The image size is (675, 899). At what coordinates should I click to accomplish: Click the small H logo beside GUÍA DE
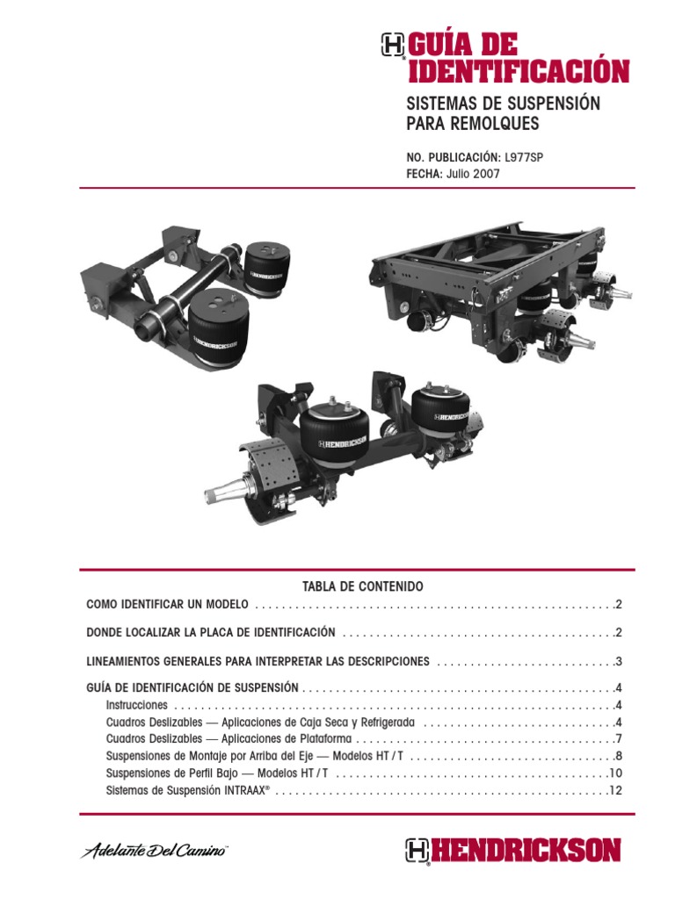coord(393,46)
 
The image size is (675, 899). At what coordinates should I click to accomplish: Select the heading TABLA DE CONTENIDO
coord(351,586)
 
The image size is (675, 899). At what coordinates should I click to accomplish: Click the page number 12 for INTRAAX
coord(614,791)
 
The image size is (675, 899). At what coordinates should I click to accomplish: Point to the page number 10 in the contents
coord(614,773)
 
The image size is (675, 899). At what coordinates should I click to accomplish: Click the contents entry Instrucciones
coord(136,705)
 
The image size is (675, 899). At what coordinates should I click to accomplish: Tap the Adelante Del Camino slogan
coord(155,852)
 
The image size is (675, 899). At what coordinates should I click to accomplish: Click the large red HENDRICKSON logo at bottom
coord(513,851)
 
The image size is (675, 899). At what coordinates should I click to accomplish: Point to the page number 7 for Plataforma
coord(618,739)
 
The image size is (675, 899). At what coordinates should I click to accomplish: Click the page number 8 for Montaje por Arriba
coord(618,756)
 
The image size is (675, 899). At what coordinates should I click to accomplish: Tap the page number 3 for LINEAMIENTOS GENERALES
coord(618,661)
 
